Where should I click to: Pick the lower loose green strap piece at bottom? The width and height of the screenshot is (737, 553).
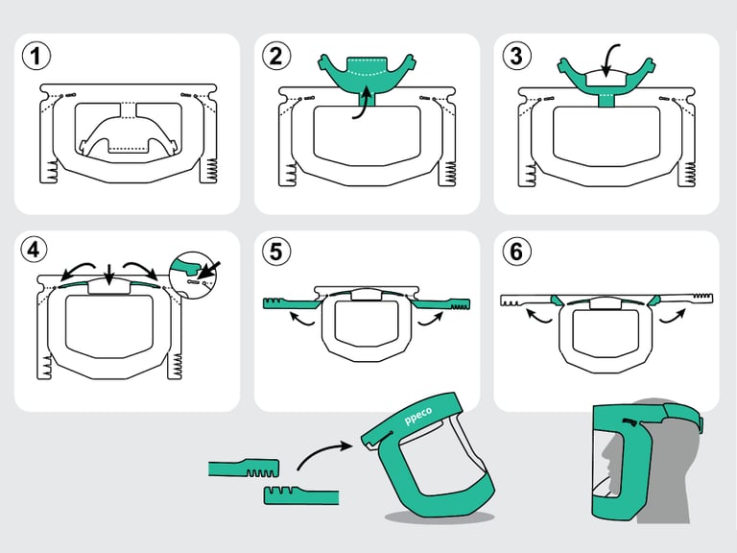(300, 495)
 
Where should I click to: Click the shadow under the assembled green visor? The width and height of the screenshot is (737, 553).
(437, 517)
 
